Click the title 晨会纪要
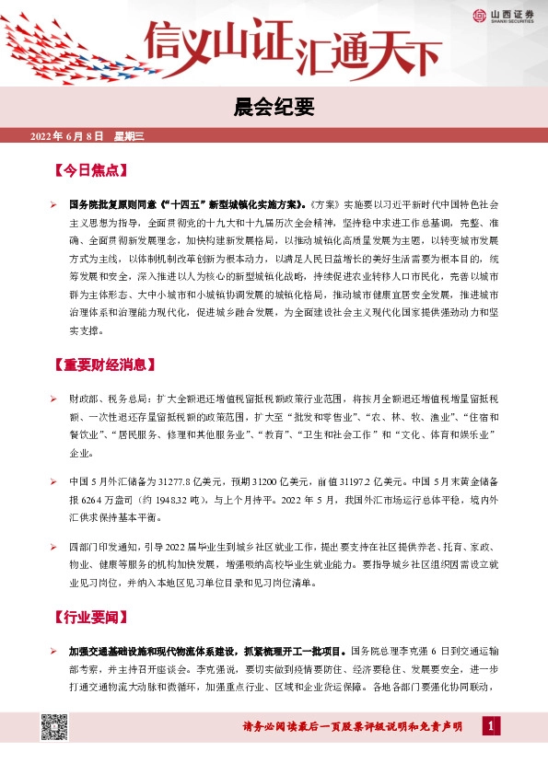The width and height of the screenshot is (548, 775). click(x=274, y=108)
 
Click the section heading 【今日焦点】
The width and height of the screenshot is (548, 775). click(x=88, y=171)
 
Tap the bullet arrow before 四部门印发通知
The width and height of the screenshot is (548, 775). click(x=53, y=547)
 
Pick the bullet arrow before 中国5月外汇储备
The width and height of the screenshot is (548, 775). click(x=53, y=480)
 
